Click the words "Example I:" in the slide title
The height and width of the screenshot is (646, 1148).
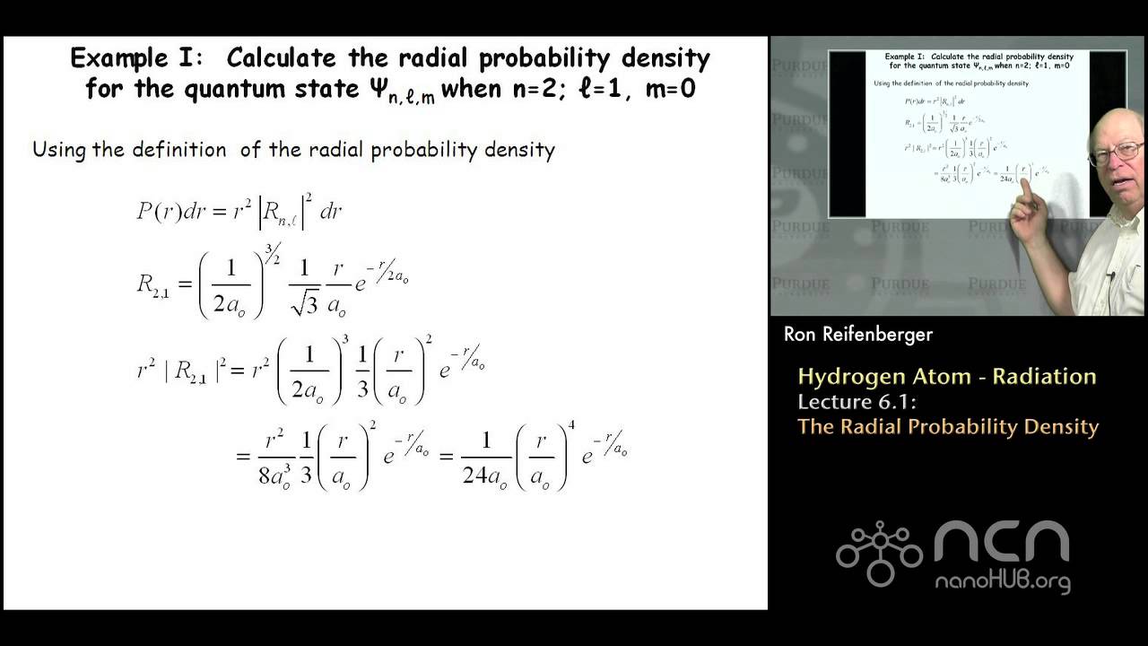click(140, 59)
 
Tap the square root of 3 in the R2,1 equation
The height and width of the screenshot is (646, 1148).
click(306, 305)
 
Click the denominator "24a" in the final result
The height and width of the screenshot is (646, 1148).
click(485, 476)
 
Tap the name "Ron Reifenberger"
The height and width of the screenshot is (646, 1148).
click(857, 335)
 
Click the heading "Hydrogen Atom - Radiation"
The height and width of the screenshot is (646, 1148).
click(946, 376)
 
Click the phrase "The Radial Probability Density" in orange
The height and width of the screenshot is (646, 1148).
click(948, 426)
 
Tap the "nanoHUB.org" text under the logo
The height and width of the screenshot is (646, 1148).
click(1003, 581)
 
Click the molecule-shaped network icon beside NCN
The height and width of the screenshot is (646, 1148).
click(878, 553)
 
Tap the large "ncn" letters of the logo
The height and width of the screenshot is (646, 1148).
click(1002, 544)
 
